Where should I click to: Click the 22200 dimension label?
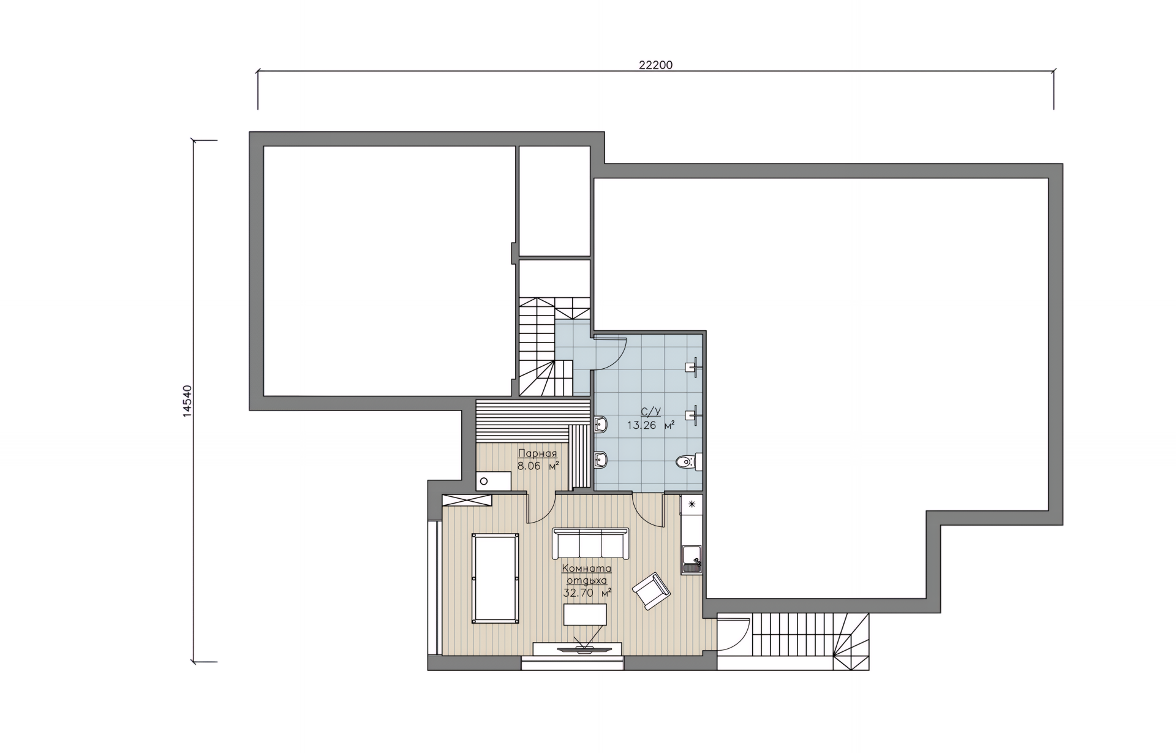[x=655, y=65]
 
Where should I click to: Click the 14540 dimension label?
[x=187, y=401]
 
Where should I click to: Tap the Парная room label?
[x=537, y=453]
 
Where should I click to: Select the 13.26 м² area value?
[x=650, y=425]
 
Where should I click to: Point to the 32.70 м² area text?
[x=587, y=592]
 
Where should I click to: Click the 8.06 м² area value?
[x=538, y=466]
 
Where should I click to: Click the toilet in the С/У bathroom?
[x=688, y=462]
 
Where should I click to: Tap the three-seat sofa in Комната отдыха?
[x=590, y=543]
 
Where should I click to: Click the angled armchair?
[x=651, y=591]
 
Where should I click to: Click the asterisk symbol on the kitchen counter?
[x=692, y=504]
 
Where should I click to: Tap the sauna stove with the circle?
[x=494, y=481]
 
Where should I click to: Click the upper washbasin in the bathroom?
[x=600, y=423]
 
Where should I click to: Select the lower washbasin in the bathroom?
[x=600, y=459]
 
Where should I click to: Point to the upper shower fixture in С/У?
[x=694, y=367]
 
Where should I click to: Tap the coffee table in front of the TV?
[x=586, y=615]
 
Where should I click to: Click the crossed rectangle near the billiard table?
[x=468, y=501]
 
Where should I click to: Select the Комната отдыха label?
[x=587, y=574]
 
